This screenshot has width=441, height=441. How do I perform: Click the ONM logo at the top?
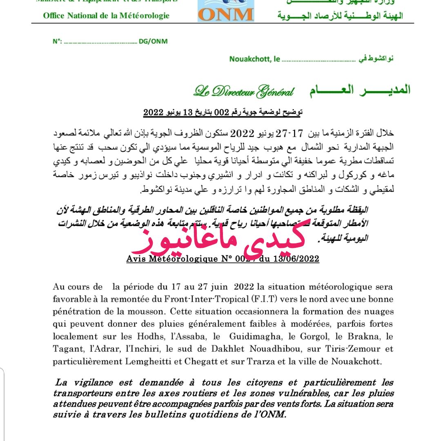coord(226,11)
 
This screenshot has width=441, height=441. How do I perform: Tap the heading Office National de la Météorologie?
coord(106,16)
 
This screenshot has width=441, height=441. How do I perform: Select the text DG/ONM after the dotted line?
coord(153,41)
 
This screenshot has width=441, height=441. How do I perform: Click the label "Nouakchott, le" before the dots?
coord(254,59)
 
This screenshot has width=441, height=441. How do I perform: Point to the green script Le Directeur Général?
coord(243,91)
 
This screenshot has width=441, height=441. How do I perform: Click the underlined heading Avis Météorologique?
coord(171,259)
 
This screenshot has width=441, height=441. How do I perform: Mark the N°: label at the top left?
coord(57,41)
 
